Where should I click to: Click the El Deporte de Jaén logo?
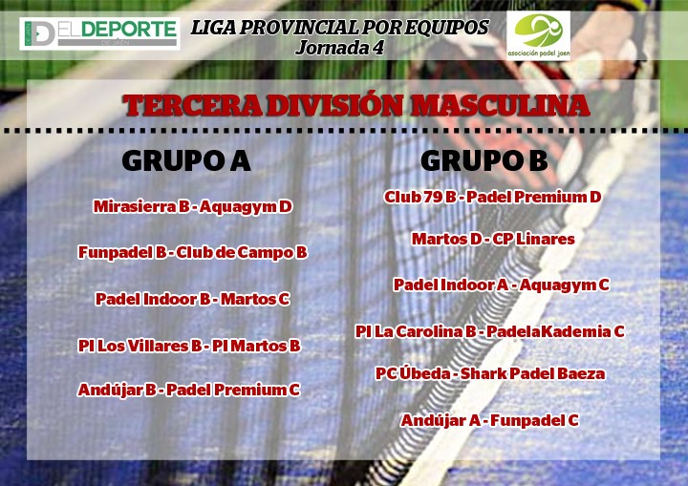point(99,33)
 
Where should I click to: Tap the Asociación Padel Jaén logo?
point(538,35)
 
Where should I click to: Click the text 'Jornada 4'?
point(340,48)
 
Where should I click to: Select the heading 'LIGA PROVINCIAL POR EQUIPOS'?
point(340,27)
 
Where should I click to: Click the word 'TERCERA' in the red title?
point(193,106)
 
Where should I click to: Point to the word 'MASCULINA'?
point(500,106)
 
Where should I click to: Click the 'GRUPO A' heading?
point(186,160)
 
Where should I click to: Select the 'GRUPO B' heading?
point(484,160)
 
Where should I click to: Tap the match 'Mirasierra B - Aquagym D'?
point(193,206)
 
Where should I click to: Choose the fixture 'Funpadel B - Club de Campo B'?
point(193,253)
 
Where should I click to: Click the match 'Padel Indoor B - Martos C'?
point(193,299)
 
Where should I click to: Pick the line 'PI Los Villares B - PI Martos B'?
point(189,346)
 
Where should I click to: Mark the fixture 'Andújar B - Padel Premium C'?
point(188,390)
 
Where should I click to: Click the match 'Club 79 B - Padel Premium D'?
point(492,197)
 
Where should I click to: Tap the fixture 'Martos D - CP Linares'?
point(493,239)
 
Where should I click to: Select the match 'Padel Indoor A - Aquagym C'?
point(501,285)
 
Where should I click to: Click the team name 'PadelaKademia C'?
point(555,331)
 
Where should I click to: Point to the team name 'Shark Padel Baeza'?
point(532,373)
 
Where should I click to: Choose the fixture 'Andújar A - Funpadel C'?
point(489,421)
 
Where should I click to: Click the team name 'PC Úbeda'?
point(413,373)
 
